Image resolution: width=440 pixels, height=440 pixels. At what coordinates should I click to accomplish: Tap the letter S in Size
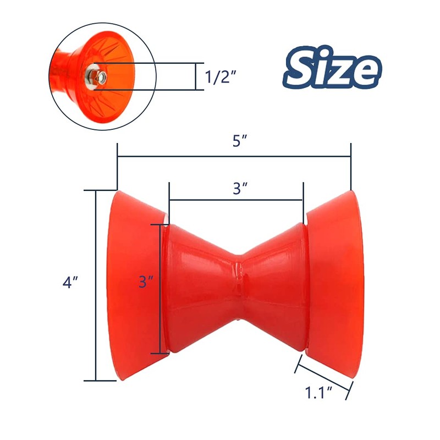(302, 68)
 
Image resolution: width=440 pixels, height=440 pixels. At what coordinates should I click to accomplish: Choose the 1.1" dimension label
(320, 393)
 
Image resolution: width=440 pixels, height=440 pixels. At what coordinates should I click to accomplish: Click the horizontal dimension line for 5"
(234, 157)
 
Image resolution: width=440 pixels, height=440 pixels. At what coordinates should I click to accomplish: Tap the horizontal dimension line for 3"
(237, 200)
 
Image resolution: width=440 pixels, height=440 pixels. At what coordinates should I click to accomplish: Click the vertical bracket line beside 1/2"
(196, 76)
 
